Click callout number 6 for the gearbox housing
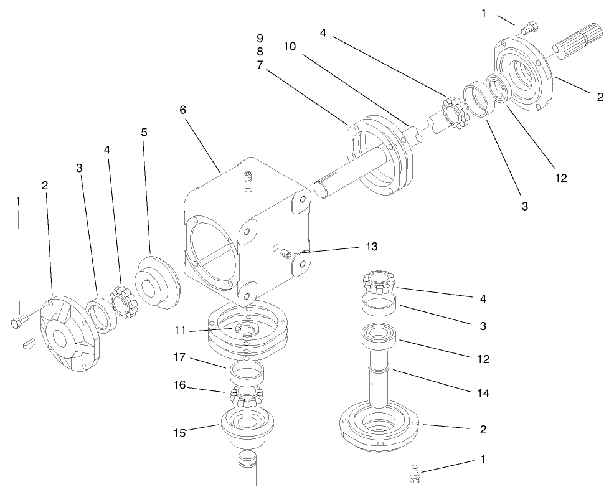pyautogui.click(x=182, y=110)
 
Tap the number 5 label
pyautogui.click(x=144, y=132)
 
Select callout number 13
pyautogui.click(x=371, y=247)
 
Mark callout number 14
pyautogui.click(x=483, y=393)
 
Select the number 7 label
pyautogui.click(x=260, y=65)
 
